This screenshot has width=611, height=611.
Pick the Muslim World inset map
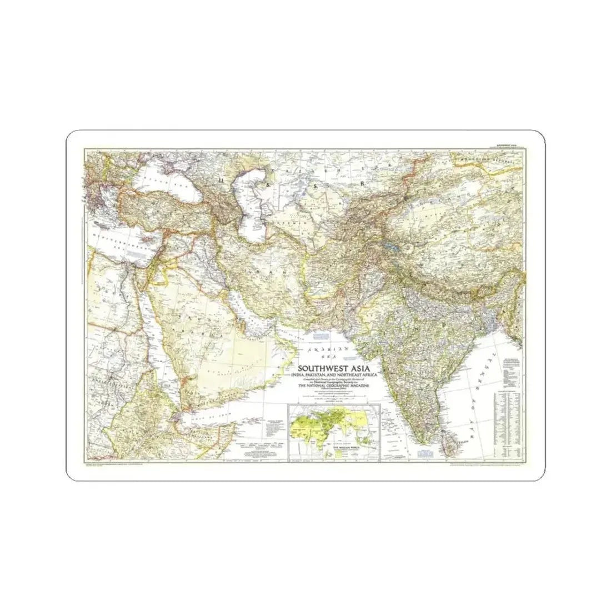point(333,428)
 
